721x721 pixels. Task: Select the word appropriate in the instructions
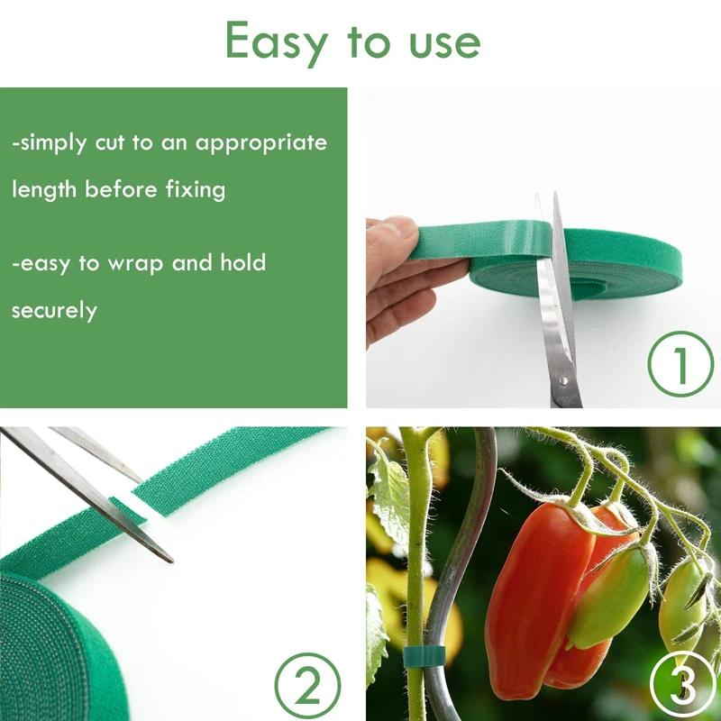[261, 143]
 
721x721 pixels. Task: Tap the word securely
[54, 311]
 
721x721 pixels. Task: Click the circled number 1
[680, 366]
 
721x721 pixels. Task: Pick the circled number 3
[683, 687]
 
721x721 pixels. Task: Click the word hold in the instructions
[243, 263]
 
